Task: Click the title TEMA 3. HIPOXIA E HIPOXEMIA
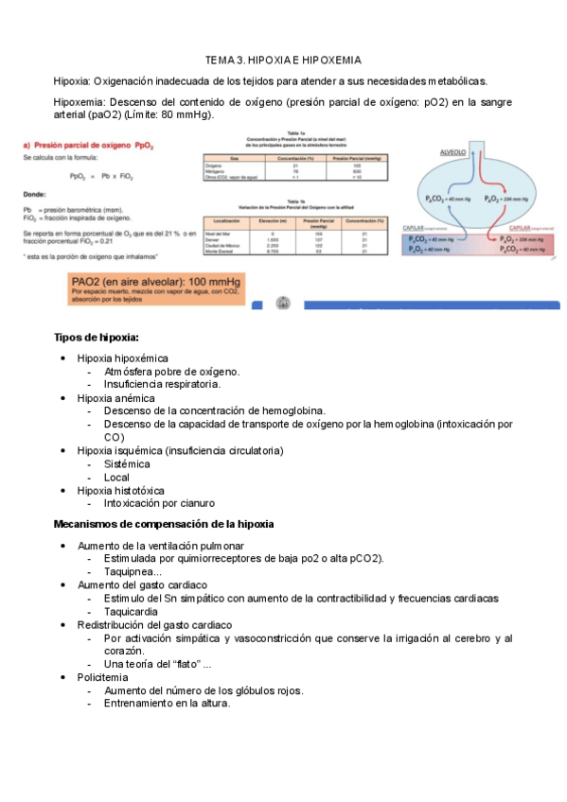pyautogui.click(x=283, y=59)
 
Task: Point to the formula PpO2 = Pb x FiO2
pyautogui.click(x=101, y=176)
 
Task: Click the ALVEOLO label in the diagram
pyautogui.click(x=459, y=151)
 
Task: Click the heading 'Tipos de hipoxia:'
pyautogui.click(x=97, y=338)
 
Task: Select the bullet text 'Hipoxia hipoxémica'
pyautogui.click(x=123, y=358)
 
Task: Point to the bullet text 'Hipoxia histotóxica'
pyautogui.click(x=121, y=491)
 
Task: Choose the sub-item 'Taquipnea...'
pyautogui.click(x=133, y=571)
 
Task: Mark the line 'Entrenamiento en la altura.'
pyautogui.click(x=167, y=703)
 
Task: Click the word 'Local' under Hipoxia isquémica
pyautogui.click(x=116, y=478)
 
